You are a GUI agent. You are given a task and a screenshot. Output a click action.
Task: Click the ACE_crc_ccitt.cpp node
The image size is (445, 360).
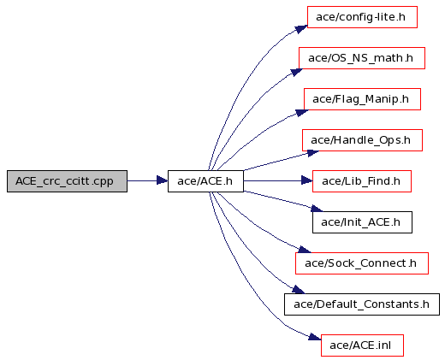pos(67,181)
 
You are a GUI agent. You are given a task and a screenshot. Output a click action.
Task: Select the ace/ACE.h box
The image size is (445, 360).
pos(205,181)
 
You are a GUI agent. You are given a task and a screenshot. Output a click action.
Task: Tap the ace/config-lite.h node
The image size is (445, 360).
pos(362,17)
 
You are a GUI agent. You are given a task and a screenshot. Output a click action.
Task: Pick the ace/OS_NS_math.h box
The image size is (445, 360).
pos(362,58)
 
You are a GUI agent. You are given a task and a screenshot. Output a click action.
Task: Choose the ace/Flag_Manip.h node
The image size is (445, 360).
pos(362,99)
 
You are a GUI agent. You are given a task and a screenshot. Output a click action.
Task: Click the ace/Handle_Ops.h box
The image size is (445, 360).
pos(362,140)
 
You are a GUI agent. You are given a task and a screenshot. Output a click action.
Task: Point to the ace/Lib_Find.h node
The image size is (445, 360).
pos(362,181)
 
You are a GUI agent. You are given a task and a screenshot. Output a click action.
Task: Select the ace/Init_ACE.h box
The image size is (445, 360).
pos(362,222)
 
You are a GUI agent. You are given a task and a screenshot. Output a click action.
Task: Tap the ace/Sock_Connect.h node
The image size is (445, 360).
pos(362,263)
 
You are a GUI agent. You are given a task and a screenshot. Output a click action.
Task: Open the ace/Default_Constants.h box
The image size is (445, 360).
pos(362,304)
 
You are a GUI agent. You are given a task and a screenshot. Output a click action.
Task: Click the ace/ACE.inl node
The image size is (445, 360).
pos(362,345)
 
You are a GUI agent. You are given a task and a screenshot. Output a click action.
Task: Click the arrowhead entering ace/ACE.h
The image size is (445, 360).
pos(163,180)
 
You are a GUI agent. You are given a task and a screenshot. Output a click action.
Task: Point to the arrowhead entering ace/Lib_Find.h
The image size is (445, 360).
pos(307,180)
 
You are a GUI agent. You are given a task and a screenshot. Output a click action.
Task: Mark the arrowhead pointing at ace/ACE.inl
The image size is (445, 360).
pos(315,337)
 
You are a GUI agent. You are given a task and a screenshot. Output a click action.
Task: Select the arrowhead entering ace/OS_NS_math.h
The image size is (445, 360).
pos(297,72)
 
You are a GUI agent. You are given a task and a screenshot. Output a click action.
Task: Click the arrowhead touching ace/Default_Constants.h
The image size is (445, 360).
pos(299,290)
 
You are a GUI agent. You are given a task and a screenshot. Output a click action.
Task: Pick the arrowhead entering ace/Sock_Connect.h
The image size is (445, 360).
pos(305,250)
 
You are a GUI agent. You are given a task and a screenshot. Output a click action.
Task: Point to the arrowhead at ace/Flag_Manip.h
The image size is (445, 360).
pos(302,113)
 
